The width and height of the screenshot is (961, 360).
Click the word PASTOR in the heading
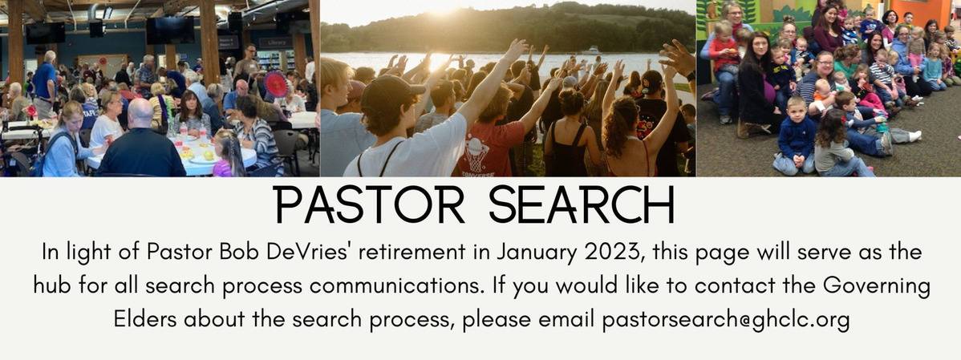point(370,206)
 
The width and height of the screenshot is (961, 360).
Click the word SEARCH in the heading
point(581,206)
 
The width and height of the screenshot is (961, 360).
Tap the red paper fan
point(276,84)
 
